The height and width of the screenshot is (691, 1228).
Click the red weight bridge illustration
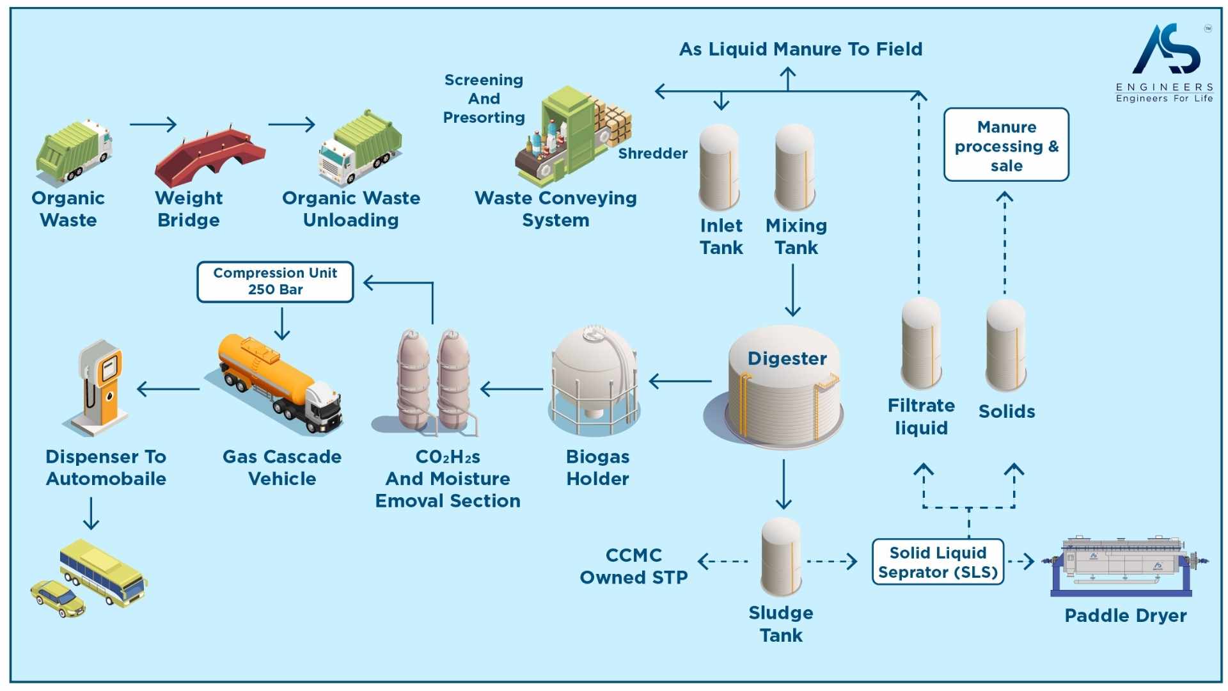[210, 157]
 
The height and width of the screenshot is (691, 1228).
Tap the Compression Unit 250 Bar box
[275, 282]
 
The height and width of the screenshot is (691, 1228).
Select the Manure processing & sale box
[1006, 145]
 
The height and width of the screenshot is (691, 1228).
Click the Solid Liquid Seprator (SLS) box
[938, 562]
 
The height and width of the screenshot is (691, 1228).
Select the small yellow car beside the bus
[58, 598]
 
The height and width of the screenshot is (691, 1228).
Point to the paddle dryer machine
[1126, 563]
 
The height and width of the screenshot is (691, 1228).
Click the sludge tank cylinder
[781, 557]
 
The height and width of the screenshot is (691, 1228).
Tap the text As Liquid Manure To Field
[800, 49]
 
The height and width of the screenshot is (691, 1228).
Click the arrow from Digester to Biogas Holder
[681, 381]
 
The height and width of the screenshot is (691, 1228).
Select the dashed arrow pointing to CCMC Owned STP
[723, 562]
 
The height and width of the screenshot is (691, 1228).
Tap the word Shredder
[652, 154]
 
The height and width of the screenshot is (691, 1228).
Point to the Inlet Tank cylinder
[719, 168]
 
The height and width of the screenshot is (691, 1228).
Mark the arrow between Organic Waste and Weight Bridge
[153, 124]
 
